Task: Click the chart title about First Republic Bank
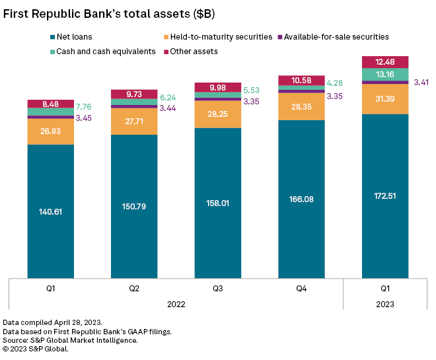(x=110, y=13)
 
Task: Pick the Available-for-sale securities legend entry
(x=336, y=37)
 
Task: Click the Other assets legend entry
(x=193, y=51)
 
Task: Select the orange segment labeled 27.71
(x=134, y=121)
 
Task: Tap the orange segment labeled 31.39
(x=385, y=98)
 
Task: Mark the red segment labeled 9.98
(x=217, y=87)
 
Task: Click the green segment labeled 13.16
(x=385, y=75)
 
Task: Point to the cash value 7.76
(x=85, y=107)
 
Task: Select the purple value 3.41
(x=421, y=83)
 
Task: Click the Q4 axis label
(x=301, y=288)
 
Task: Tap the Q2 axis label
(x=134, y=288)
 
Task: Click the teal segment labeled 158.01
(x=217, y=203)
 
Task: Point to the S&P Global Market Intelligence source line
(x=71, y=340)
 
